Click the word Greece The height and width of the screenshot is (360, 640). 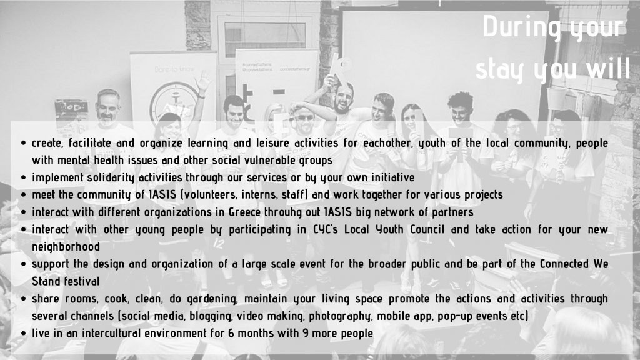click(244, 212)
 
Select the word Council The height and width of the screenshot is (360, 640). click(427, 229)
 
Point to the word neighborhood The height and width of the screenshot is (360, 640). click(66, 247)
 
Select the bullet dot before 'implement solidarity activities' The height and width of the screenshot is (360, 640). click(23, 178)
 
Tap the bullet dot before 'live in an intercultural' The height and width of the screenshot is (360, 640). click(23, 334)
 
